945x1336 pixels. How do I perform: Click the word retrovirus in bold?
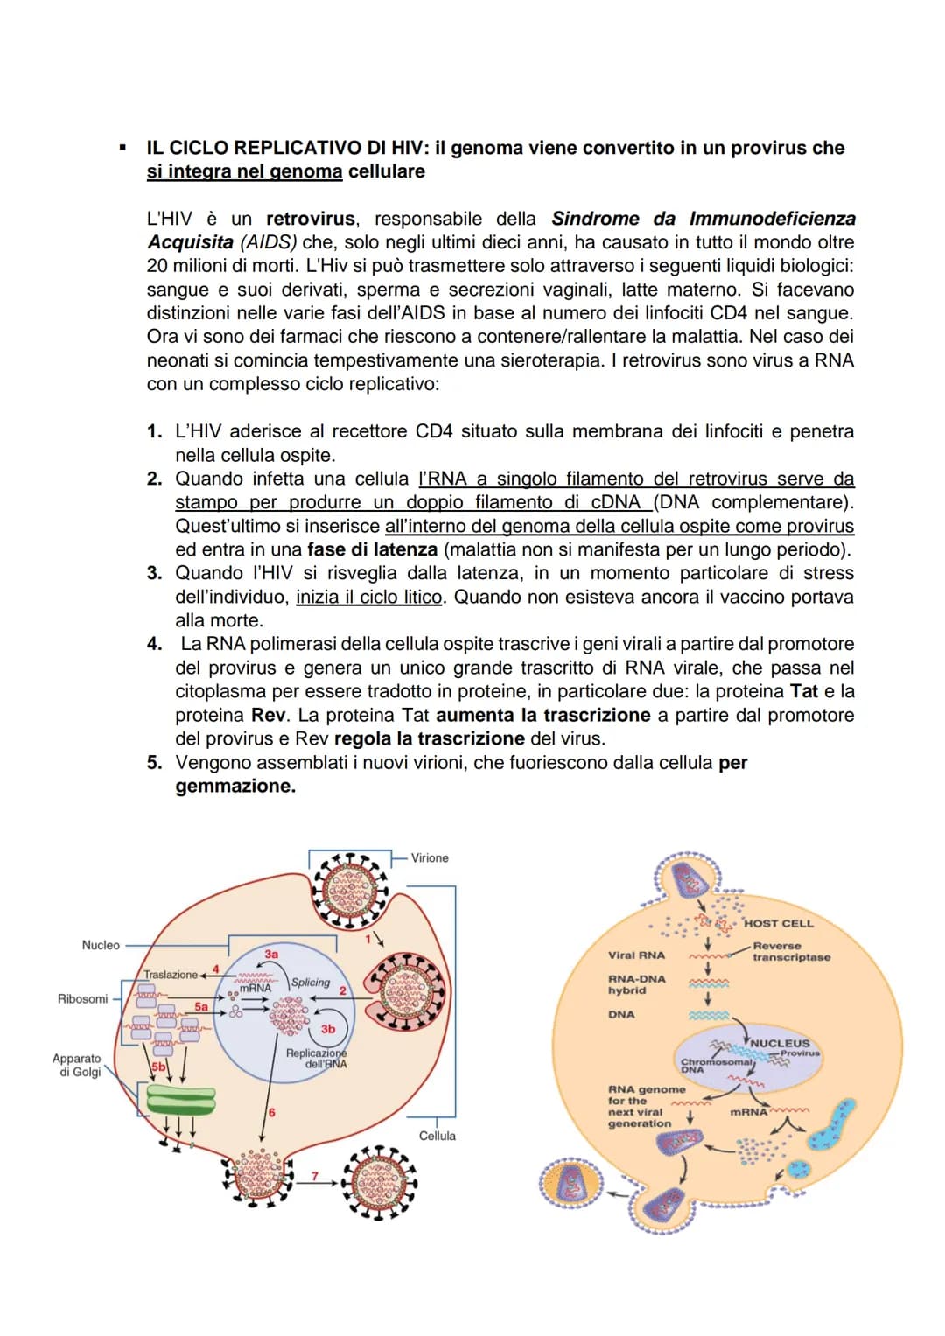pos(310,219)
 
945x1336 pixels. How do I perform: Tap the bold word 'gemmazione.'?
pos(235,786)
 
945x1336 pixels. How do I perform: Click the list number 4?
pos(154,644)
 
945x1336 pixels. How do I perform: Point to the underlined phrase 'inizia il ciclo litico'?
pos(368,597)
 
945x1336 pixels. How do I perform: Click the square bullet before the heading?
pos(123,148)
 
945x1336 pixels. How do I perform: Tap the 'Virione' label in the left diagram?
pos(430,857)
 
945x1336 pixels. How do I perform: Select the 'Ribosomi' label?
pos(82,998)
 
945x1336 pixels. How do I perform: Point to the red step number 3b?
pos(327,1029)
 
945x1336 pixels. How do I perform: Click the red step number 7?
pos(315,1176)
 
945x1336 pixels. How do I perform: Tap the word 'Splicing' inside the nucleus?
pos(311,983)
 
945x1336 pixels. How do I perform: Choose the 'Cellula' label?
pos(437,1136)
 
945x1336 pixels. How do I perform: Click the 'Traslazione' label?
pos(171,974)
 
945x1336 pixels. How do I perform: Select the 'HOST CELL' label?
pos(778,923)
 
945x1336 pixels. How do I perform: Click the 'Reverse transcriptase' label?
pos(791,952)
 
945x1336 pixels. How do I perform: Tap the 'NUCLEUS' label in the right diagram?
pos(780,1043)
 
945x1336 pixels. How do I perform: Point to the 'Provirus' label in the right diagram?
pos(800,1053)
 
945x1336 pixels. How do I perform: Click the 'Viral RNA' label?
pos(636,955)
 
